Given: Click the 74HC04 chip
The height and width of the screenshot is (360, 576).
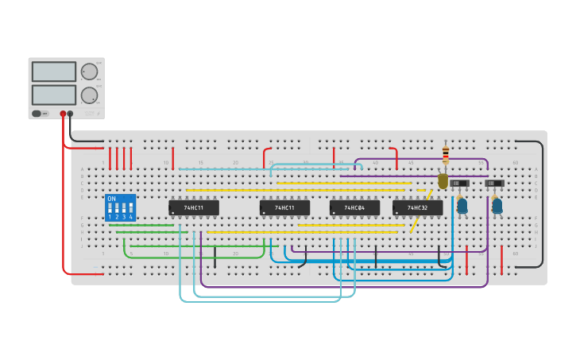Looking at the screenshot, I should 354,207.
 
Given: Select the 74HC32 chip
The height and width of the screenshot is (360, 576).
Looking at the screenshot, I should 417,207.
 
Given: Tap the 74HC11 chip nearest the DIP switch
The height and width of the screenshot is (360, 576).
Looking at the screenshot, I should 194,207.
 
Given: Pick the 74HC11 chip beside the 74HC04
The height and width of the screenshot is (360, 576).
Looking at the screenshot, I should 284,207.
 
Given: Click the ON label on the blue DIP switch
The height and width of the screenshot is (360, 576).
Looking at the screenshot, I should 111,199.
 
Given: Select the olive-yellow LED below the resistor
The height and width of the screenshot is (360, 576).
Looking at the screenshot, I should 443,181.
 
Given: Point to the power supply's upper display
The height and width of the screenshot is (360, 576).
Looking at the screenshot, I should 54,72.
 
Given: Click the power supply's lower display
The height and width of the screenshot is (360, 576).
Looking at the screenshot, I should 54,95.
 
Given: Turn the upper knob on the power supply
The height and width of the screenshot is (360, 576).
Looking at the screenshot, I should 89,72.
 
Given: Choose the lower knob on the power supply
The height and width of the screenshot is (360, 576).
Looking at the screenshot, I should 89,95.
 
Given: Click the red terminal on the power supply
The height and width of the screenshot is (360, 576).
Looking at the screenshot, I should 63,114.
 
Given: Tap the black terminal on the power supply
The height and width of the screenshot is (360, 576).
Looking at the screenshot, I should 70,114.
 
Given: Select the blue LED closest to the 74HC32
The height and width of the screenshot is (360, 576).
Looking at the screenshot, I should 462,206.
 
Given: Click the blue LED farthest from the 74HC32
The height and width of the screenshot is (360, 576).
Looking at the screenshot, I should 497,206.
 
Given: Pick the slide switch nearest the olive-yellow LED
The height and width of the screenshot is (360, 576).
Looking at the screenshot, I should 459,184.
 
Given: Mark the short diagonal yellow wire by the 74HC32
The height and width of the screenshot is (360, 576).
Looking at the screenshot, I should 415,223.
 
